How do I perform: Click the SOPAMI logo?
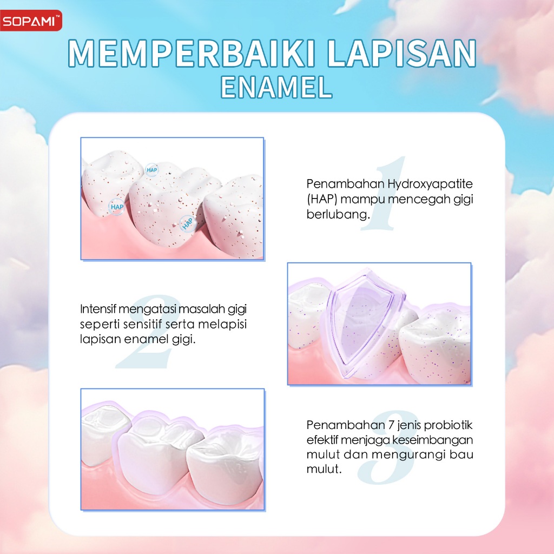pyautogui.click(x=31, y=21)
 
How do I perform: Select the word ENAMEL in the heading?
pyautogui.click(x=276, y=87)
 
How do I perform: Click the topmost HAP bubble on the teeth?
pyautogui.click(x=152, y=170)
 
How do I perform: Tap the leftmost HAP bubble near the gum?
pyautogui.click(x=117, y=207)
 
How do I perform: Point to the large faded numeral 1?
pyautogui.click(x=384, y=193)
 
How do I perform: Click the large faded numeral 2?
pyautogui.click(x=148, y=332)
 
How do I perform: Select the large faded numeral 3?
pyautogui.click(x=387, y=447)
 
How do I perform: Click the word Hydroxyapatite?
pyautogui.click(x=430, y=184)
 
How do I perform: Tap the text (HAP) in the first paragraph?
pyautogui.click(x=321, y=199)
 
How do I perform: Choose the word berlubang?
pyautogui.click(x=338, y=214)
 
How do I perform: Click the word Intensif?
pyautogui.click(x=98, y=309)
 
